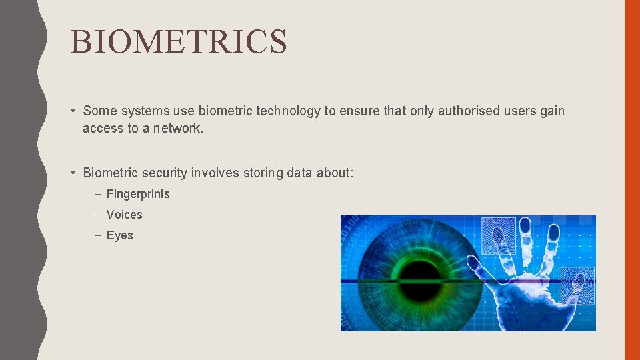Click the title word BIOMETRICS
point(179,41)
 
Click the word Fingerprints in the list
point(138,194)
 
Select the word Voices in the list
point(124,215)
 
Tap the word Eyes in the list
point(119,235)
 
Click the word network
point(178,128)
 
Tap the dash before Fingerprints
point(97,194)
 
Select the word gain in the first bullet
point(552,111)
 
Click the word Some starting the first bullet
point(99,111)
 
